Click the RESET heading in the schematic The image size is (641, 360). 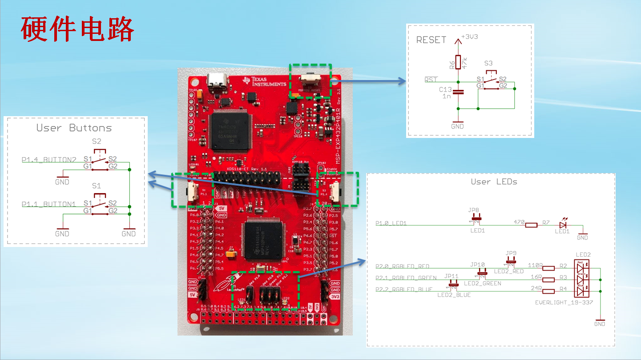click(x=431, y=40)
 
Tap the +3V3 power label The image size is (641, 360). click(x=470, y=37)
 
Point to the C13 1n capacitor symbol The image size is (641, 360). click(x=458, y=92)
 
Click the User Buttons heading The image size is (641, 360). click(x=74, y=128)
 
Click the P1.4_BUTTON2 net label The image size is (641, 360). click(x=49, y=159)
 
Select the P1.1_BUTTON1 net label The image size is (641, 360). click(x=49, y=204)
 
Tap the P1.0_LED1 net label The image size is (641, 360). click(x=391, y=223)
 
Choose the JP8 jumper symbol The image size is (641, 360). click(x=476, y=218)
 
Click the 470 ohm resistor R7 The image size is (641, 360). click(x=531, y=225)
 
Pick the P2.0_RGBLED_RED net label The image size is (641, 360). click(x=402, y=267)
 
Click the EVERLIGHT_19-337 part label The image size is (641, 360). click(x=564, y=303)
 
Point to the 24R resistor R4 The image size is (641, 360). click(x=548, y=291)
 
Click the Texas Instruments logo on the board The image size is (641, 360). click(x=264, y=81)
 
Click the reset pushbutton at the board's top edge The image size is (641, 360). click(x=310, y=79)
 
